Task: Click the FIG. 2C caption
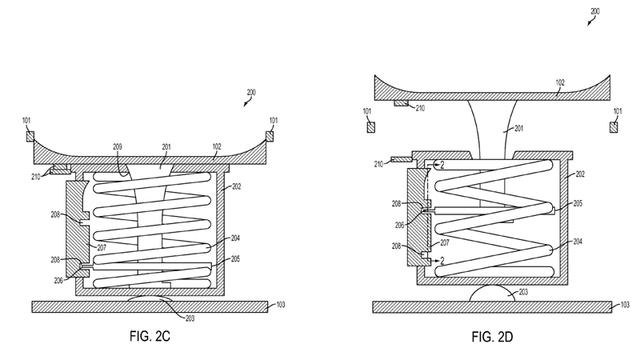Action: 150,336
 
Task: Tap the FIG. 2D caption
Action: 492,337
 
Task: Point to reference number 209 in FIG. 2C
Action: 118,147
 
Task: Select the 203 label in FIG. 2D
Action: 523,292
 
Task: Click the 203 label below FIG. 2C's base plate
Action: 190,318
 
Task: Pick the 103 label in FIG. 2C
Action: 281,304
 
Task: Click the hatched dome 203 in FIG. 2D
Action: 492,294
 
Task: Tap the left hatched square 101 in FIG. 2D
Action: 371,127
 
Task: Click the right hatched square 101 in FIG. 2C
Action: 270,136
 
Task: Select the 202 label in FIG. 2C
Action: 236,187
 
